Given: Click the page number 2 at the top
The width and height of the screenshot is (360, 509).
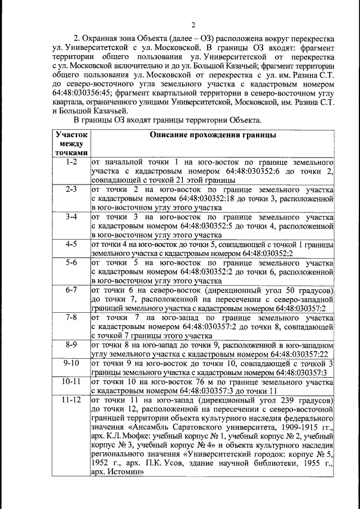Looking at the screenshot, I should pyautogui.click(x=192, y=25).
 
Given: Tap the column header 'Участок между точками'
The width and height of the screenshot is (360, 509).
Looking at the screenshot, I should pyautogui.click(x=71, y=144).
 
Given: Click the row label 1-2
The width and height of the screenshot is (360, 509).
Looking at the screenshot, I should pyautogui.click(x=71, y=162).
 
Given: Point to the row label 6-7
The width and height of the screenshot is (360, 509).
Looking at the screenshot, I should pyautogui.click(x=71, y=290).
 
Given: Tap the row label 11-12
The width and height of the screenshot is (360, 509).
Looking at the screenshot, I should pyautogui.click(x=71, y=400).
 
